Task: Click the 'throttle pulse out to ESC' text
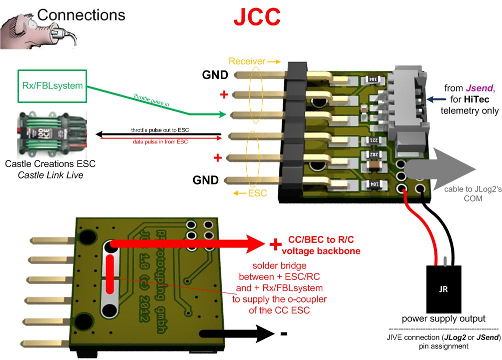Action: coord(160,130)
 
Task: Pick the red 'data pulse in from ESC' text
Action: coord(160,141)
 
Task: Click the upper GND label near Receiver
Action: coord(215,75)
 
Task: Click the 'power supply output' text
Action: coord(443,319)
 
